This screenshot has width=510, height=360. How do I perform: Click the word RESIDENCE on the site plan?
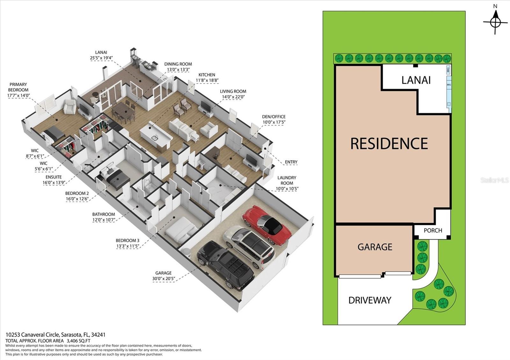(x=389, y=144)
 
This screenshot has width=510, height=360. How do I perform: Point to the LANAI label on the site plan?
(x=416, y=80)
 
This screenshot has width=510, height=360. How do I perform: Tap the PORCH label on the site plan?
(x=433, y=230)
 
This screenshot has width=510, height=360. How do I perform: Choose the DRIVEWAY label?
(x=370, y=300)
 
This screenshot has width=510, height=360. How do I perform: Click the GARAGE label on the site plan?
(x=375, y=247)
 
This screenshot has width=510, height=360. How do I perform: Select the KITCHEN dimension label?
(x=207, y=78)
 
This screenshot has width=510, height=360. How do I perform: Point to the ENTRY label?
(x=291, y=162)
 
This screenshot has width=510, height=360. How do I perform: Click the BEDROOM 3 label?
(x=127, y=243)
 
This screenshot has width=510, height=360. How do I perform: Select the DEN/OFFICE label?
(x=274, y=119)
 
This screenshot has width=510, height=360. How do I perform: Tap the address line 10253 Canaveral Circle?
(x=55, y=335)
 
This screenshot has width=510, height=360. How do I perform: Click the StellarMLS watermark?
(x=494, y=180)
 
